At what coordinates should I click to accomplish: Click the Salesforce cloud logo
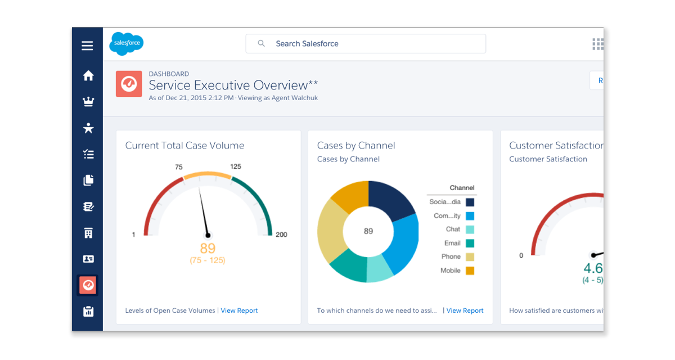coord(126,43)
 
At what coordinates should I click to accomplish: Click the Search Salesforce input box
coord(366,44)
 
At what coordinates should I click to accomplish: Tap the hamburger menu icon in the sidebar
coord(87,46)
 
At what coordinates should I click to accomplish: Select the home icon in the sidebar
coord(88,75)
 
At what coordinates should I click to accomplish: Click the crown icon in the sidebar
coord(88,102)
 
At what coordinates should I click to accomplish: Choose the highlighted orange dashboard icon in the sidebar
coord(88,285)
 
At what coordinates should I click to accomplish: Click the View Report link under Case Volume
coord(239,310)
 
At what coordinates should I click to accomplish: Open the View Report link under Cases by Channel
coord(465,310)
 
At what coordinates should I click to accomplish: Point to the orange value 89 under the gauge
coord(208,248)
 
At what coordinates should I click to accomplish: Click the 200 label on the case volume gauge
coord(281,235)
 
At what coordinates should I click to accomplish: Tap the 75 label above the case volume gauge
coord(179,167)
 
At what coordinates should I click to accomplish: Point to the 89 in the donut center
coord(368,231)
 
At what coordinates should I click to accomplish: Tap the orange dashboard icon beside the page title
coord(129,84)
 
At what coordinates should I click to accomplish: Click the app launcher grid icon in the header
coord(597,44)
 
